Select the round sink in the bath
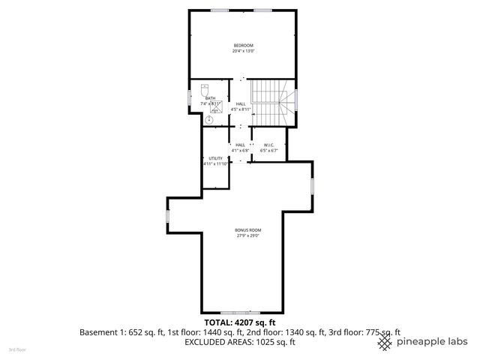(209, 118)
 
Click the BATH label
(210, 97)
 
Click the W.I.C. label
(269, 145)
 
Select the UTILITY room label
(216, 158)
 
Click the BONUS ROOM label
(247, 229)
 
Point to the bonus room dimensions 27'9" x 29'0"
(247, 235)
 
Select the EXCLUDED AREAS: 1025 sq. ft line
(240, 341)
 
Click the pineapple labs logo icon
(385, 341)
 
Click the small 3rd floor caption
(16, 349)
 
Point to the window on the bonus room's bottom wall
(240, 312)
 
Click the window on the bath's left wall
(188, 100)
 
